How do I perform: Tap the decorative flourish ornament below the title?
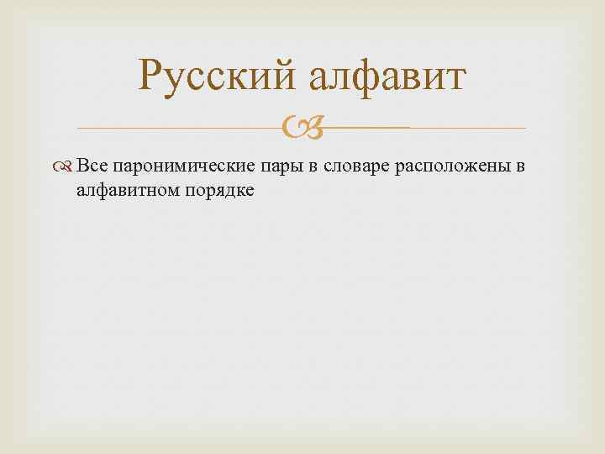pyautogui.click(x=302, y=129)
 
